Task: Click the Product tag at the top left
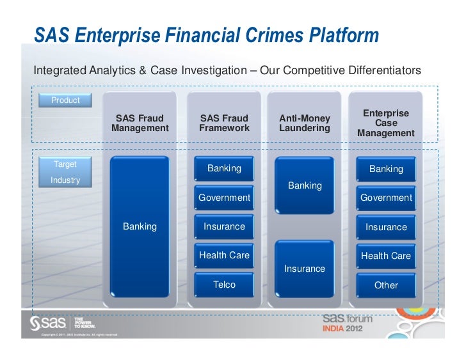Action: [66, 100]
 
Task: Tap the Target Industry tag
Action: [66, 172]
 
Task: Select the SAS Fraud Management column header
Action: [140, 123]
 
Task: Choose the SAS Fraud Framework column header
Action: [224, 123]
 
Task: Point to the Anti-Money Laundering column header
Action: [305, 123]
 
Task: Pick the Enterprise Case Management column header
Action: [386, 123]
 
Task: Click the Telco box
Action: [224, 285]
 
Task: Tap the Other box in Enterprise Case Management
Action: [386, 285]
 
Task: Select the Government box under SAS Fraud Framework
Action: [224, 198]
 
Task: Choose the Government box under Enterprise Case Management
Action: [386, 198]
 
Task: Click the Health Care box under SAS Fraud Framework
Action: [224, 255]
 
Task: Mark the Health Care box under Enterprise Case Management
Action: [386, 256]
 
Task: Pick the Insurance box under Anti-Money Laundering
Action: [305, 269]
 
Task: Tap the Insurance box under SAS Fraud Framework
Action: [224, 226]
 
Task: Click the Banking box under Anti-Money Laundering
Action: [305, 185]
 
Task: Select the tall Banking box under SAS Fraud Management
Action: [140, 226]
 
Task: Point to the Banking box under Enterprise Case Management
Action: [386, 169]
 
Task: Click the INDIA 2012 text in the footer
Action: [346, 330]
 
